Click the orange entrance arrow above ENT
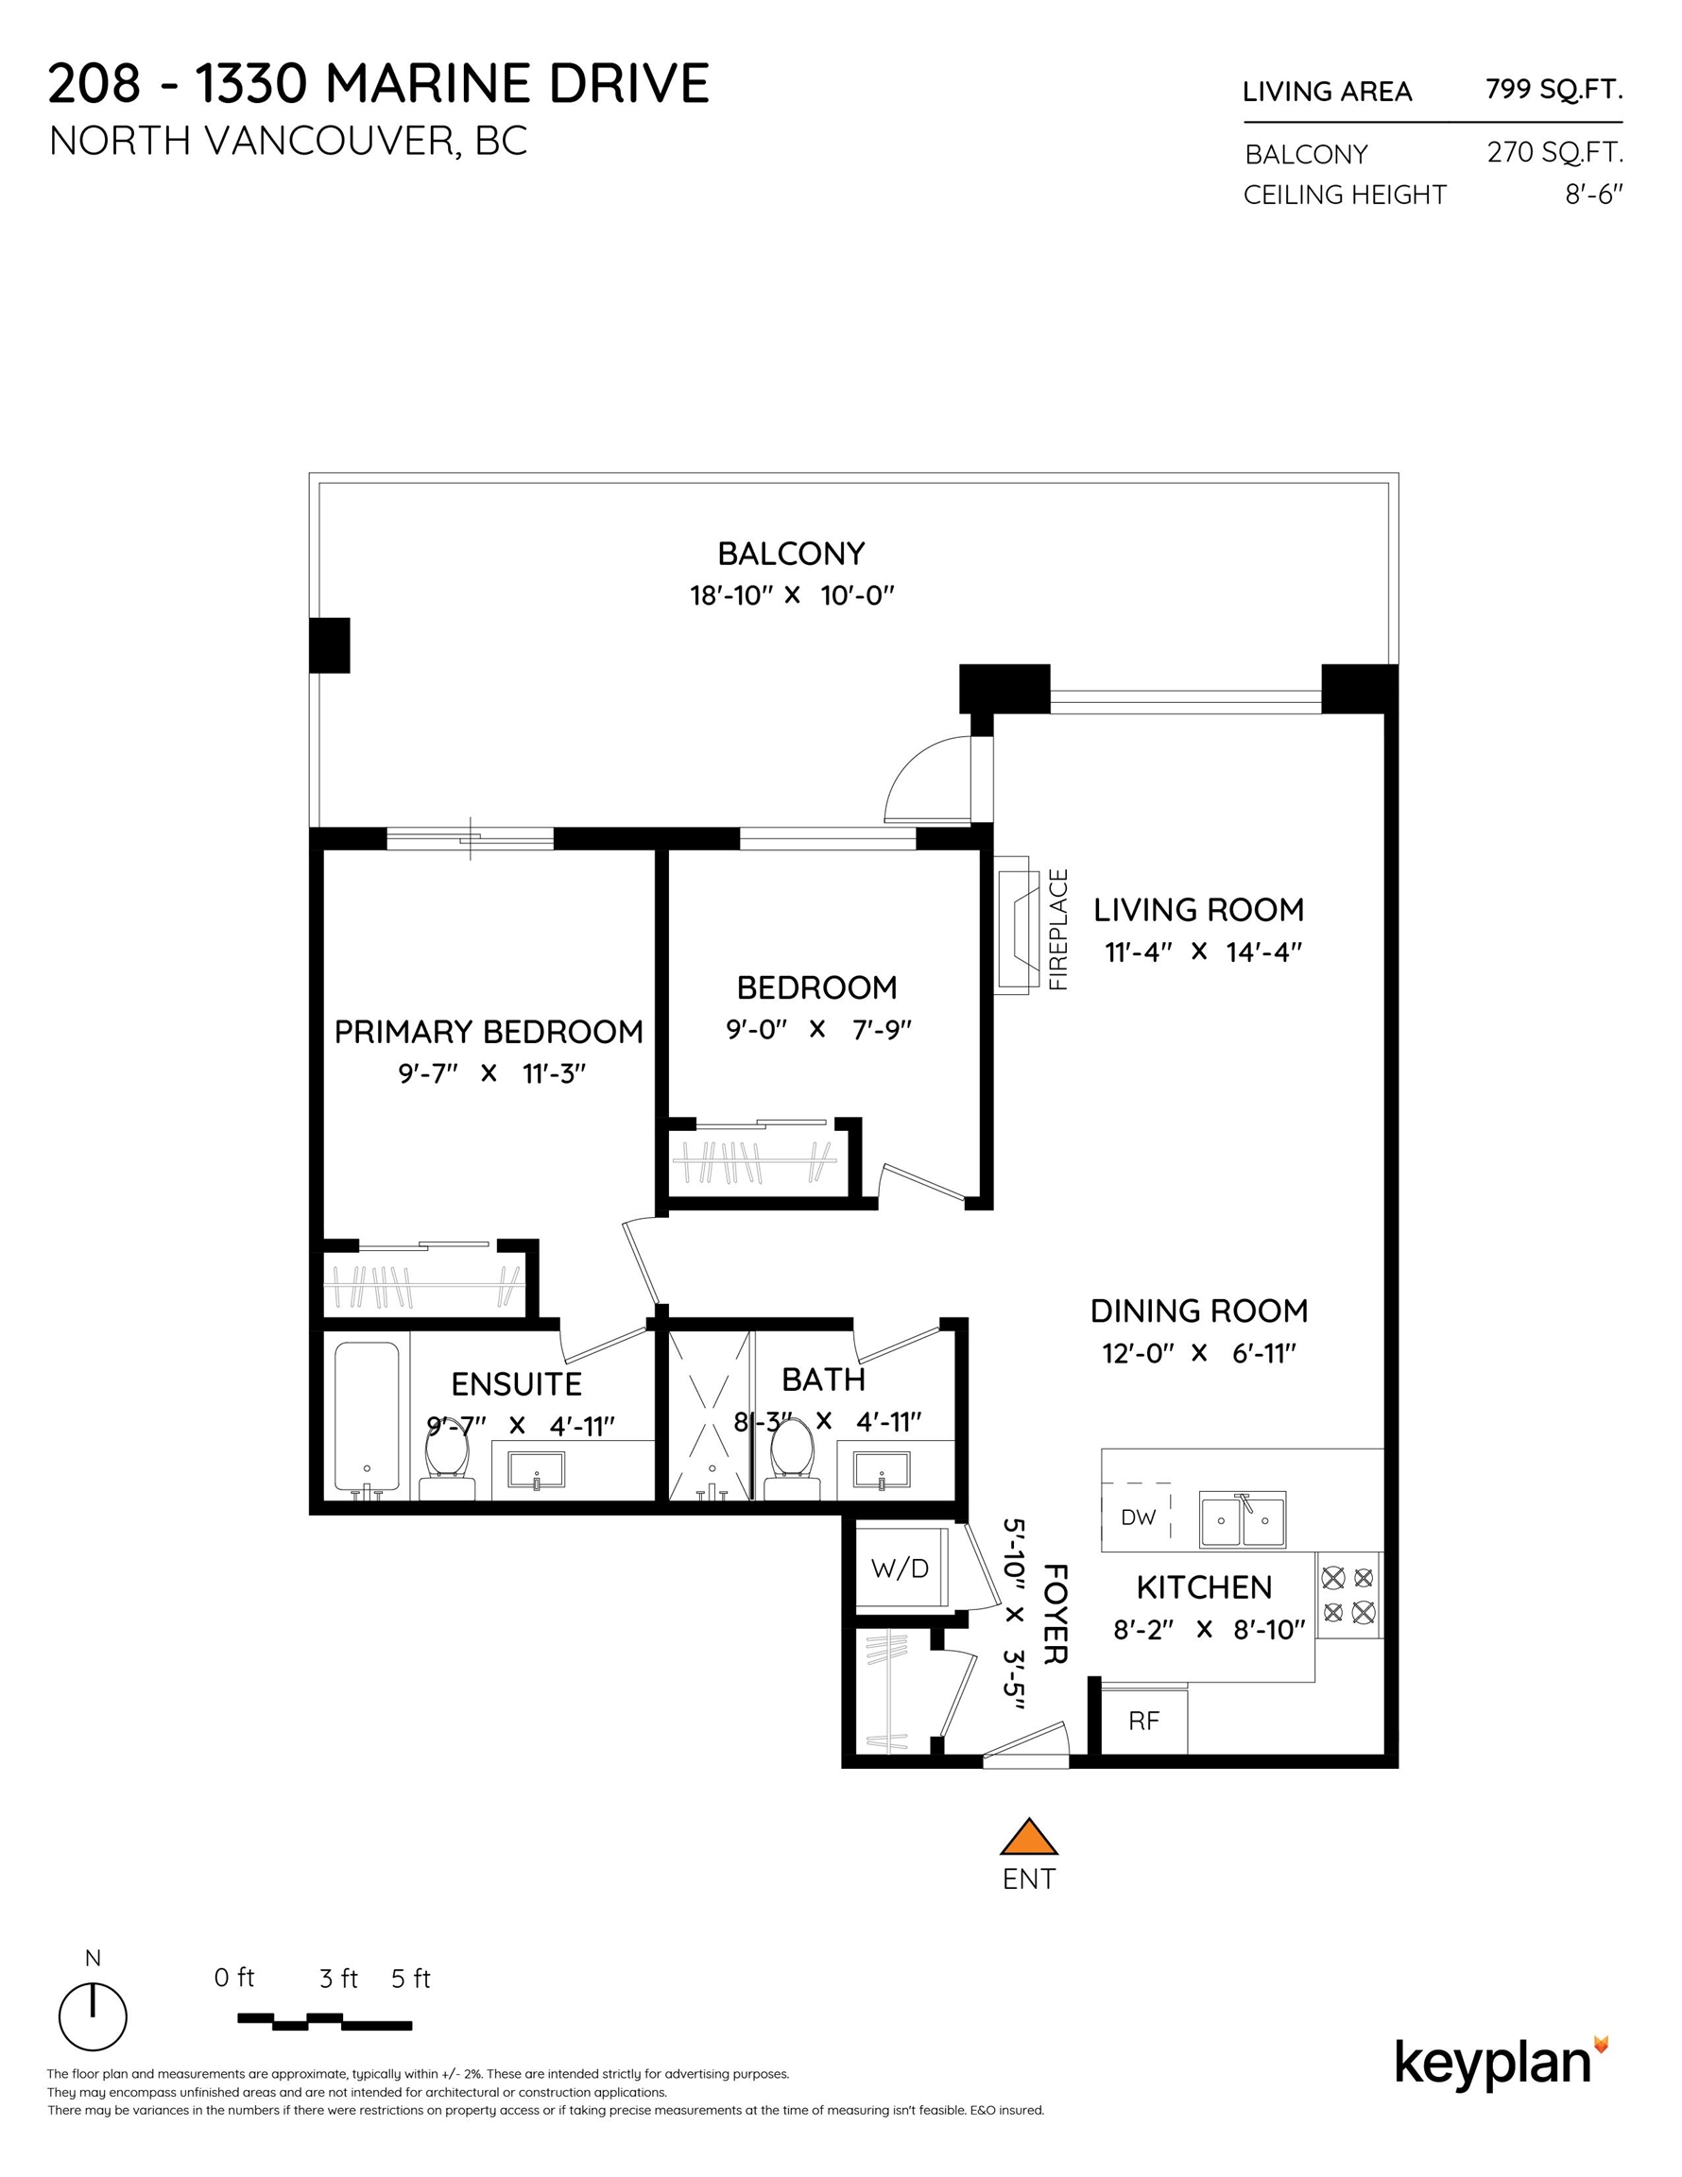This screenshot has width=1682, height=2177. (1028, 1836)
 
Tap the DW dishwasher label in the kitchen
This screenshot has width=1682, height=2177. (1138, 1517)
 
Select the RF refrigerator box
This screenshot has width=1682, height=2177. (1143, 1721)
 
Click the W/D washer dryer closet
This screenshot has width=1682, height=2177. (900, 1568)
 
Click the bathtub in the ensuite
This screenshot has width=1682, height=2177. (366, 1418)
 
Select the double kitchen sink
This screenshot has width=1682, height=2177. (1242, 1519)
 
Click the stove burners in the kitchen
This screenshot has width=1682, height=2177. (1348, 1595)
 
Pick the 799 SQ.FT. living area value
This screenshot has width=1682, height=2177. (1553, 90)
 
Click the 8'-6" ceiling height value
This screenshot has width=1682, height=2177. (1593, 195)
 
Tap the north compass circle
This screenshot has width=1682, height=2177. (93, 2016)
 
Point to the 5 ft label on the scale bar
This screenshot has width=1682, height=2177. (410, 1979)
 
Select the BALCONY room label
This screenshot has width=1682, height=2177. (791, 553)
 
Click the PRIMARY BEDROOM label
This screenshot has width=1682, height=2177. (489, 1032)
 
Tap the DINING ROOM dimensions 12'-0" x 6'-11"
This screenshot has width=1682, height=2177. (1198, 1354)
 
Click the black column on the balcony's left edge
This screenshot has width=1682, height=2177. (329, 646)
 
